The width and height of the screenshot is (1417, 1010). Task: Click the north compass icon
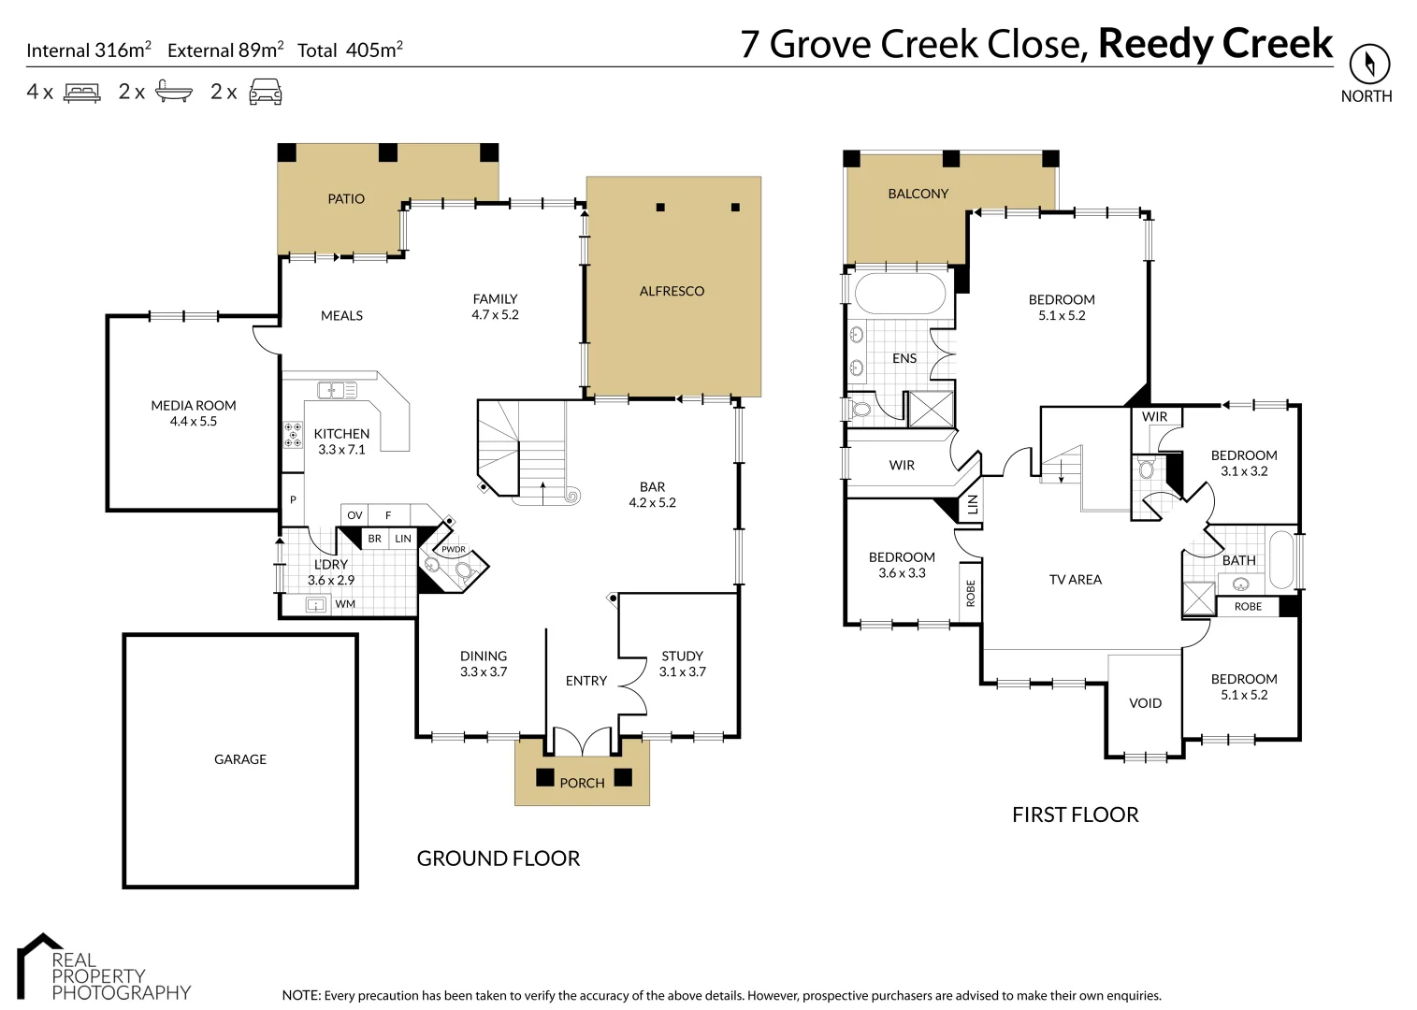pyautogui.click(x=1369, y=65)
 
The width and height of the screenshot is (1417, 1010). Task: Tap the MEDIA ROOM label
pyautogui.click(x=194, y=406)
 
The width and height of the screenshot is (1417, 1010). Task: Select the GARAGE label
pyautogui.click(x=240, y=759)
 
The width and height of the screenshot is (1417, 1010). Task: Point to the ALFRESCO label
pyautogui.click(x=672, y=291)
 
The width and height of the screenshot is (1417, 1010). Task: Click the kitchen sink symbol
pyautogui.click(x=331, y=390)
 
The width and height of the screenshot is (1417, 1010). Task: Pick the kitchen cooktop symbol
pyautogui.click(x=294, y=435)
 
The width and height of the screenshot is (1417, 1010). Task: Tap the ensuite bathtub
pyautogui.click(x=900, y=294)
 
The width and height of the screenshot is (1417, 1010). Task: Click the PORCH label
pyautogui.click(x=582, y=783)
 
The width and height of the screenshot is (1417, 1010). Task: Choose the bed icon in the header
pyautogui.click(x=81, y=93)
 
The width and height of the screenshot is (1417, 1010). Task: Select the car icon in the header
pyautogui.click(x=266, y=92)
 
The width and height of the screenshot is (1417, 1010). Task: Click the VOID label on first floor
pyautogui.click(x=1145, y=703)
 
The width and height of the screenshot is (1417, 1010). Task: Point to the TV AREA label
pyautogui.click(x=1075, y=580)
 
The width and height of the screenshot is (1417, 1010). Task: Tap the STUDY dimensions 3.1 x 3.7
pyautogui.click(x=682, y=671)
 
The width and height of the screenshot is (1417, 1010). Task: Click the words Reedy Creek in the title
pyautogui.click(x=1215, y=44)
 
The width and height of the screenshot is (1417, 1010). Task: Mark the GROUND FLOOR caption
pyautogui.click(x=498, y=858)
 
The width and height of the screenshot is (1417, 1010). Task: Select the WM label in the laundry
pyautogui.click(x=345, y=604)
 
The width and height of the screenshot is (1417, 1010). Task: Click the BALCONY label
pyautogui.click(x=918, y=194)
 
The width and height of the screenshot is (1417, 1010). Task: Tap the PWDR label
pyautogui.click(x=454, y=550)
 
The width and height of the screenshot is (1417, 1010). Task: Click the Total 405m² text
pyautogui.click(x=350, y=50)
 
